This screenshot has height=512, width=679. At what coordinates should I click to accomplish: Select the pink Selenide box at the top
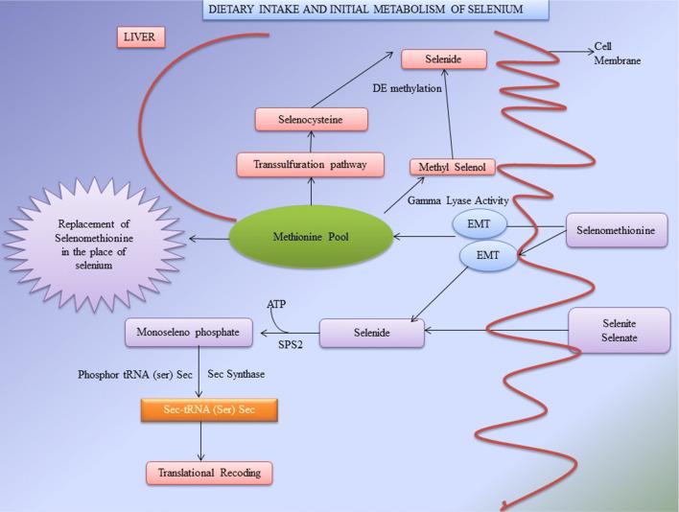pos(444,58)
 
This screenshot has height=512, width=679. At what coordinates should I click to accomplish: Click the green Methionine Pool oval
pos(312,236)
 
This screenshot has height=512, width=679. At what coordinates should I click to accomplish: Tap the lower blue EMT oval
pos(489,256)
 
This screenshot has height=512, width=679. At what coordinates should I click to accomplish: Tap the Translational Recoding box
pos(209,472)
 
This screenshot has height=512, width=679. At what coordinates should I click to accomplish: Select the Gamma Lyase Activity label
pos(457,199)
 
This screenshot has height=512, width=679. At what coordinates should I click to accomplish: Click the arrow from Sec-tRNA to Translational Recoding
pos(201,442)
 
